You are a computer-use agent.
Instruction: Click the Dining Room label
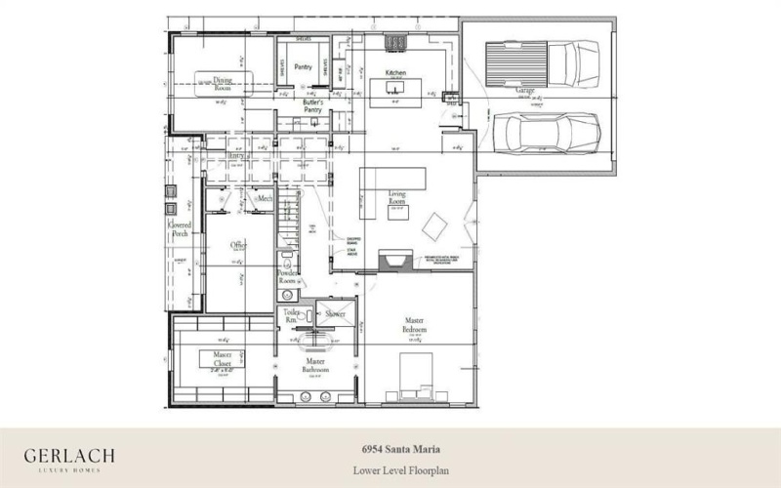pyautogui.click(x=224, y=84)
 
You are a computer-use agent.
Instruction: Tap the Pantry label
pyautogui.click(x=303, y=67)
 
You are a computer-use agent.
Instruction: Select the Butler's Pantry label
pyautogui.click(x=312, y=106)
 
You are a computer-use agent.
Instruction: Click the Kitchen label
pyautogui.click(x=395, y=74)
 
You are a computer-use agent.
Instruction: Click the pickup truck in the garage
pyautogui.click(x=548, y=64)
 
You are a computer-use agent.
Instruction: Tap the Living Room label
pyautogui.click(x=397, y=199)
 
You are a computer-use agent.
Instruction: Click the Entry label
pyautogui.click(x=235, y=155)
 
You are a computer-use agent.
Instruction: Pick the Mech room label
pyautogui.click(x=264, y=198)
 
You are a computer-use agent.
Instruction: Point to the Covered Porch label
pyautogui.click(x=180, y=230)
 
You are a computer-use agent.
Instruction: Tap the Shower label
pyautogui.click(x=336, y=314)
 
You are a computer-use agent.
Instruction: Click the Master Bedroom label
pyautogui.click(x=414, y=325)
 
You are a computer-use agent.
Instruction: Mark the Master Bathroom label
pyautogui.click(x=314, y=366)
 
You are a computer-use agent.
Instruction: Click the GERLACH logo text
pyautogui.click(x=70, y=456)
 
